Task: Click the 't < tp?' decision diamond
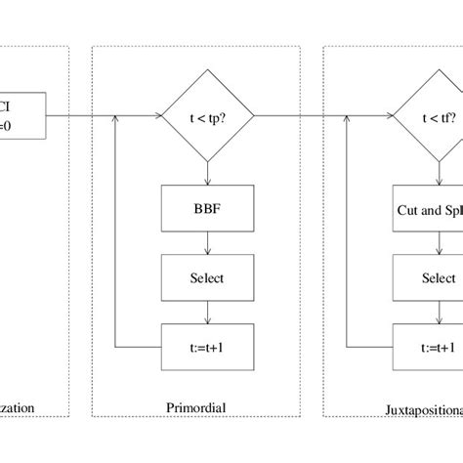click(x=207, y=117)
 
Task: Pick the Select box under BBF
click(x=207, y=278)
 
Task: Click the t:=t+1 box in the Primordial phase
click(x=207, y=346)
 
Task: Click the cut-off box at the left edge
click(x=23, y=118)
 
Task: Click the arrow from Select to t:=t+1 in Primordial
click(x=207, y=313)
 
